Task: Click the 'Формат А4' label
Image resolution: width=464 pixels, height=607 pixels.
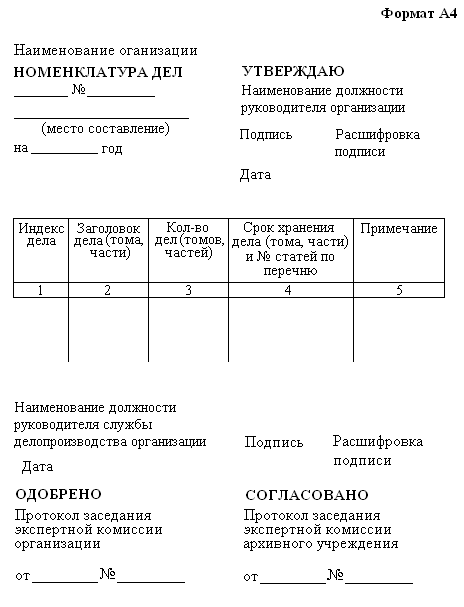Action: point(418,13)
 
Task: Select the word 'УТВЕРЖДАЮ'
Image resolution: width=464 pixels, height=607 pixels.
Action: point(293,71)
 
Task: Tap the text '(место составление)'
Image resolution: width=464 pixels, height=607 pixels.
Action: point(105,129)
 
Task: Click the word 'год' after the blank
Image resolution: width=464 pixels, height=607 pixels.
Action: point(112,148)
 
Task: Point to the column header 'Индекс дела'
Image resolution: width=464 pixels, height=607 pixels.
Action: point(41,235)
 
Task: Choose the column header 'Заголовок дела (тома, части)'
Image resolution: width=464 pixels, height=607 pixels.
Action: point(109,241)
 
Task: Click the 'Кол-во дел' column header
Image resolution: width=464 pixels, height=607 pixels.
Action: point(188,241)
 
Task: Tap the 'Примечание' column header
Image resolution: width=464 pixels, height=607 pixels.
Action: point(398,229)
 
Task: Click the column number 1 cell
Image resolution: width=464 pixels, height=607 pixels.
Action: point(41,290)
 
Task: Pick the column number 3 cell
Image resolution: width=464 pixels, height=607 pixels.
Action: point(188,290)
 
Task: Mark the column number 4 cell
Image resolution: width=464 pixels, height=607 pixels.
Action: point(290,290)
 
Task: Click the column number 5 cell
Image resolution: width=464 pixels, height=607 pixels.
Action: point(398,290)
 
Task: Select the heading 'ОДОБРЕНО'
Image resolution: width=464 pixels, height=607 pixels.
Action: point(59,494)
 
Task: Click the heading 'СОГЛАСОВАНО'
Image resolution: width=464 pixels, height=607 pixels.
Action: point(306,495)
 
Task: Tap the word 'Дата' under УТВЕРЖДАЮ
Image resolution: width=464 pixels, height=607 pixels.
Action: point(256,175)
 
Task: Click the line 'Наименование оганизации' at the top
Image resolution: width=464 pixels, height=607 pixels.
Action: point(105,51)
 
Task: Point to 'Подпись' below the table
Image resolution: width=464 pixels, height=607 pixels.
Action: point(273,442)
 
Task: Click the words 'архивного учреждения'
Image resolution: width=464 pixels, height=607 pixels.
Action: point(320,544)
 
